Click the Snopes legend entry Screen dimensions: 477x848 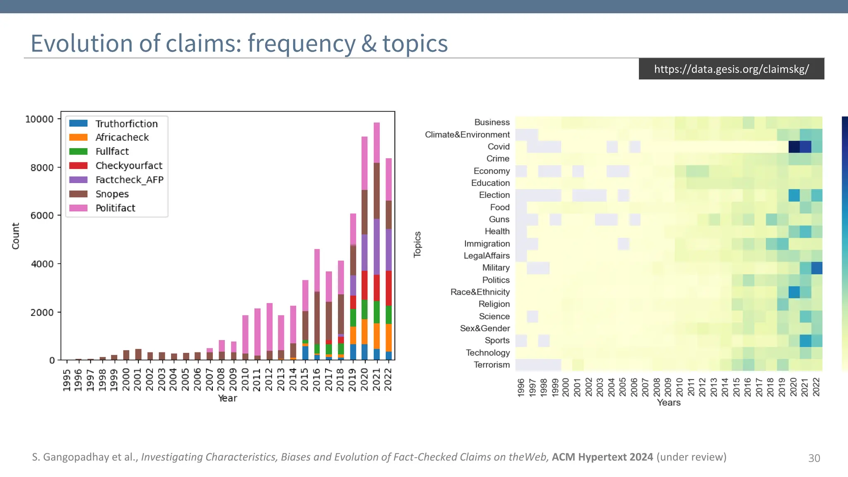tap(112, 194)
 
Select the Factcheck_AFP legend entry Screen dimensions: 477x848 tap(129, 180)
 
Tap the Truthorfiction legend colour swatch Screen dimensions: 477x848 tap(78, 123)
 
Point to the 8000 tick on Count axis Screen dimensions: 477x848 tap(42, 167)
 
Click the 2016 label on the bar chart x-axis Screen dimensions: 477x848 tap(317, 379)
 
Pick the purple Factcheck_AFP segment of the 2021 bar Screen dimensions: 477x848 tap(376, 247)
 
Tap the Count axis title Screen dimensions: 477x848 tap(16, 236)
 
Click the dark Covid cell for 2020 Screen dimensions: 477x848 tap(794, 147)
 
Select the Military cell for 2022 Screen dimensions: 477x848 tap(817, 268)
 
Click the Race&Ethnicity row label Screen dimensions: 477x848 tap(480, 292)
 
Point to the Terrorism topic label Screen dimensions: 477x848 tap(491, 365)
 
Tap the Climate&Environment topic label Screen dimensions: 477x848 tap(467, 135)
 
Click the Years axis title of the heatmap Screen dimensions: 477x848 tap(668, 402)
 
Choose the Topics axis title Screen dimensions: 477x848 tap(417, 244)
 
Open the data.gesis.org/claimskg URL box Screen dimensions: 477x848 tap(731, 69)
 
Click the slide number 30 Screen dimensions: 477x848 tap(814, 458)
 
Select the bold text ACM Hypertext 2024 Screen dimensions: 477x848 tap(602, 457)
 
